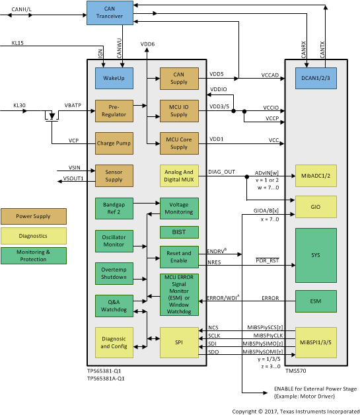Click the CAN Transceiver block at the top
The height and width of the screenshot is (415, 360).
(x=106, y=10)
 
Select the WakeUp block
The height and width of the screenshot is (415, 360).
(x=114, y=79)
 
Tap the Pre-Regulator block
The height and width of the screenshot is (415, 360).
(x=114, y=110)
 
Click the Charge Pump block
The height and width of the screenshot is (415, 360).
(x=114, y=143)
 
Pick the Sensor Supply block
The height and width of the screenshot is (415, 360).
(x=114, y=175)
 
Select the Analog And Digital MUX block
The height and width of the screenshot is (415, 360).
(x=180, y=175)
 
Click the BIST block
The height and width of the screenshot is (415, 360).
(x=180, y=232)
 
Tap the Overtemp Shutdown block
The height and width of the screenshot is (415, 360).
(x=114, y=273)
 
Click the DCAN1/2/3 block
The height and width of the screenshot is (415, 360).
(x=316, y=79)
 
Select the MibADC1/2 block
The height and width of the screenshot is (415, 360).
(x=316, y=175)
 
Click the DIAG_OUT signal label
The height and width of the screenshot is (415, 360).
(x=221, y=171)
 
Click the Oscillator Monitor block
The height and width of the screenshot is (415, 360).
(x=114, y=241)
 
